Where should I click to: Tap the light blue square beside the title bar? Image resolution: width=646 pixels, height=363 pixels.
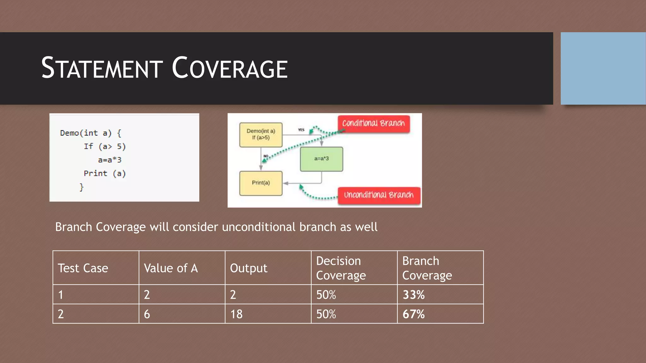603,68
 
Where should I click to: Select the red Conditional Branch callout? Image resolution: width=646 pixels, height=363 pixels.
373,123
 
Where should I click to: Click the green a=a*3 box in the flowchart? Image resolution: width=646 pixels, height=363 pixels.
321,159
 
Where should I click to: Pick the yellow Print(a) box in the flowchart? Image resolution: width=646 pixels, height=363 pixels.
261,183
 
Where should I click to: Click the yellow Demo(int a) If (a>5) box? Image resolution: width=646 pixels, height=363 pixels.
261,135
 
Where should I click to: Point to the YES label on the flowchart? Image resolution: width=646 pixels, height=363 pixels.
301,130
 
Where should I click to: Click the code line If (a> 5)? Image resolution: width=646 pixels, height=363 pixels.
105,147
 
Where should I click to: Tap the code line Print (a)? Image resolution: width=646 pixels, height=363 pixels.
105,174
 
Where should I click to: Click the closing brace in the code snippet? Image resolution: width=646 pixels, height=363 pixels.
81,187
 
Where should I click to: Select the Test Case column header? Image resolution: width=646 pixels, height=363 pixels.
83,268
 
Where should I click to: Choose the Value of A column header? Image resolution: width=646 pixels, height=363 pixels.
171,268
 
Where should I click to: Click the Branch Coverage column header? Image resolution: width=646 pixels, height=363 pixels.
427,268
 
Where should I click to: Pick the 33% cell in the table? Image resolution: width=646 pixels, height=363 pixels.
414,295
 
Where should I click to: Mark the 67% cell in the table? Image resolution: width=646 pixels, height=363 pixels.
414,314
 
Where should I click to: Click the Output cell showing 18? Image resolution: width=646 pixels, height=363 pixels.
236,314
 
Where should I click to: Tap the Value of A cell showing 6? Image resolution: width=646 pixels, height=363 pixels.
147,314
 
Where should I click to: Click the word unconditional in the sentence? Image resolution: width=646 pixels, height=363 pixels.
259,227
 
